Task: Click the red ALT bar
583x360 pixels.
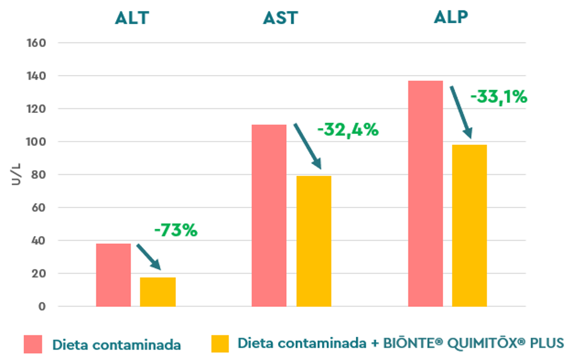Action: point(113,275)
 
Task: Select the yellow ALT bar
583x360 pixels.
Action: point(157,291)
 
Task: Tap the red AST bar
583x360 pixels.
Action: point(269,215)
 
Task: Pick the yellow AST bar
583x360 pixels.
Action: point(314,241)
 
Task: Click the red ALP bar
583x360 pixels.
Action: point(426,193)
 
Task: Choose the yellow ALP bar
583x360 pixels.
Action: point(469,225)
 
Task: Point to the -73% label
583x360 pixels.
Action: point(175,231)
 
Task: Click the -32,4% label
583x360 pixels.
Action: point(348,131)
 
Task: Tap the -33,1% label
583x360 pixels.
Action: point(498,97)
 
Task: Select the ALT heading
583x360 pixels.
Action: point(132,18)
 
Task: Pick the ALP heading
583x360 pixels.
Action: point(451,17)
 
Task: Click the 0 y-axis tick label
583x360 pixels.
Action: point(42,306)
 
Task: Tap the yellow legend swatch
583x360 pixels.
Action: point(220,343)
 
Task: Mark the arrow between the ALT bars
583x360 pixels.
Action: point(148,256)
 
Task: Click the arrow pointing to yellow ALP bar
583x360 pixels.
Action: point(460,111)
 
